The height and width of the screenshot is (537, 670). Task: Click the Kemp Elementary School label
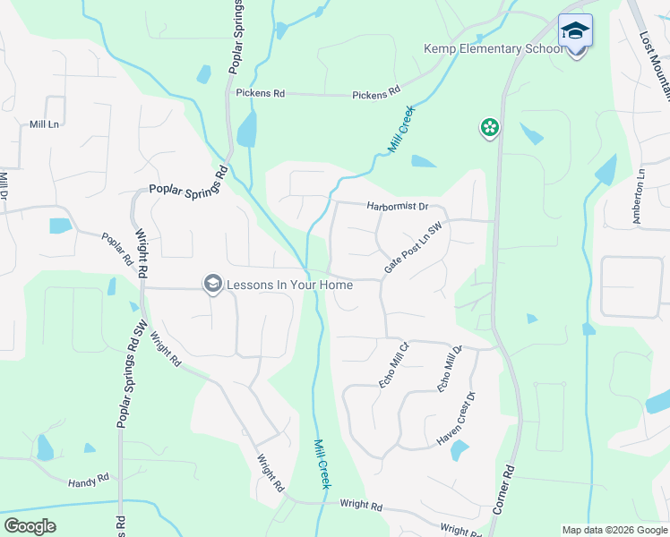tap(494, 48)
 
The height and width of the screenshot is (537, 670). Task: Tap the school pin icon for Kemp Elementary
tap(575, 30)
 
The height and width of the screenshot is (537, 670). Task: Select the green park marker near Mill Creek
tap(490, 129)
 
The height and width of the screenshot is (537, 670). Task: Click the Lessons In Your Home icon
tap(212, 284)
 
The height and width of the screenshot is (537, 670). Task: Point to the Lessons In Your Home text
tap(289, 285)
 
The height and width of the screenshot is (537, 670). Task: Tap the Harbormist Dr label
tap(398, 206)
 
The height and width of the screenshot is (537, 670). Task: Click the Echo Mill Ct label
tap(393, 362)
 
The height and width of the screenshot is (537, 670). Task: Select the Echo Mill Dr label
tap(449, 367)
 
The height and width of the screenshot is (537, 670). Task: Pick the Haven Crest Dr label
tap(455, 418)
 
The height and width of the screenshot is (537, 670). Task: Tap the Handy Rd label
tap(88, 482)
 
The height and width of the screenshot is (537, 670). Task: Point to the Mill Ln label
tap(44, 124)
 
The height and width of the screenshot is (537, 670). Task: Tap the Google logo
tap(30, 526)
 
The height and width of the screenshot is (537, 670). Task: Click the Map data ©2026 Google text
tap(614, 530)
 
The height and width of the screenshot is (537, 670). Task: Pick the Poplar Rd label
tap(116, 249)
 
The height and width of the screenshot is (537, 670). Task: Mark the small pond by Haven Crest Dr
tap(460, 450)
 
